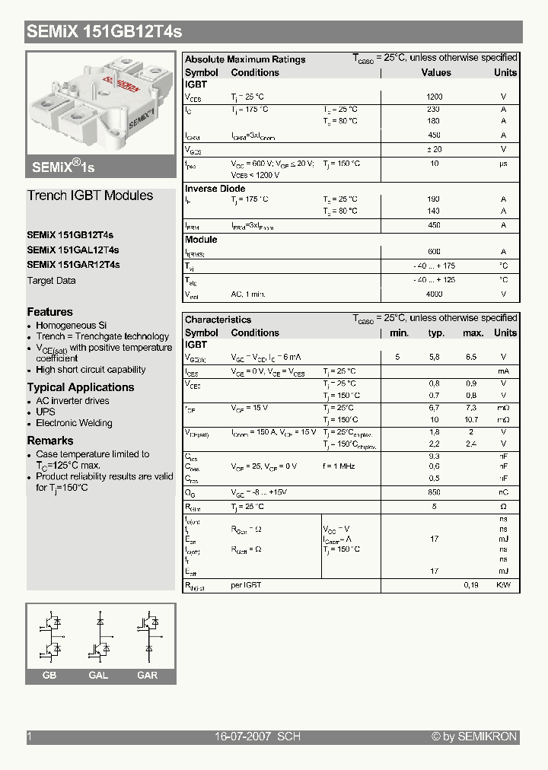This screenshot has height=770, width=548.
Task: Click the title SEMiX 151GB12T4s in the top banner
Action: (x=104, y=32)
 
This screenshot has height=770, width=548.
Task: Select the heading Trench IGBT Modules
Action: (x=90, y=196)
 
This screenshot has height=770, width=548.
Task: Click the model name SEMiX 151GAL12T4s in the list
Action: (x=73, y=250)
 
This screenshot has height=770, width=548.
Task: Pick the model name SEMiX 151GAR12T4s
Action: (x=73, y=265)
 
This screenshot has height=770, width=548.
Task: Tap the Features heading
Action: (x=50, y=312)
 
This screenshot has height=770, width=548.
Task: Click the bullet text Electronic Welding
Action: (x=74, y=423)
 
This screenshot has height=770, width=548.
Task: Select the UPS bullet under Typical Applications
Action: (x=46, y=412)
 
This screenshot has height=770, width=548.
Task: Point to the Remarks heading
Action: (x=50, y=441)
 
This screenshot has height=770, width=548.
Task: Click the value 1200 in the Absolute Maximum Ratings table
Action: (x=435, y=97)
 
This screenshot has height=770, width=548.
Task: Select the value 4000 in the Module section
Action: (x=435, y=294)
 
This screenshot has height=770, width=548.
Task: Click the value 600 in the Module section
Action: (x=435, y=252)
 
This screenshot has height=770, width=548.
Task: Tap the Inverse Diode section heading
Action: (x=215, y=188)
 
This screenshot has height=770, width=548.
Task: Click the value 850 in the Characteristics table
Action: (x=435, y=492)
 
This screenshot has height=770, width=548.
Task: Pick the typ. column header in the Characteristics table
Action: (x=436, y=332)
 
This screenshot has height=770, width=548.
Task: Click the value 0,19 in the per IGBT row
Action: (x=471, y=585)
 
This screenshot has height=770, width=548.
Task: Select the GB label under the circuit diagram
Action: (x=49, y=676)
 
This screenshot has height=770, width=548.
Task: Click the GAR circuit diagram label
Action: (x=148, y=676)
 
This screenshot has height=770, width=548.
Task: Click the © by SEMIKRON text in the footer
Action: (x=474, y=737)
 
